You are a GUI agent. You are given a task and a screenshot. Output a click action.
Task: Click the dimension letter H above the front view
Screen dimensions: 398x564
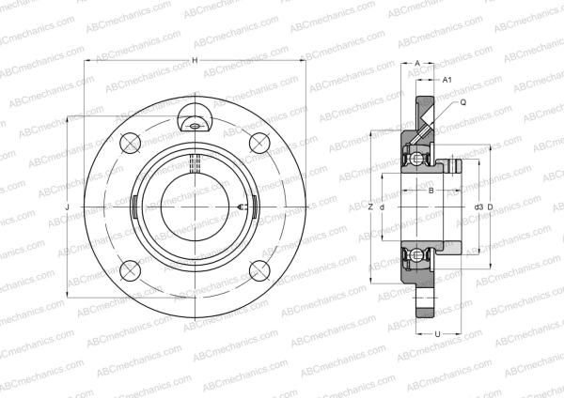point(195,61)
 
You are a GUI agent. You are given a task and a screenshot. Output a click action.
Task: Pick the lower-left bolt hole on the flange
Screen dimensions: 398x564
point(130,270)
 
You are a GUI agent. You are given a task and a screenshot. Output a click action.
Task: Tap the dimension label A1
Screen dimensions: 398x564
point(447,80)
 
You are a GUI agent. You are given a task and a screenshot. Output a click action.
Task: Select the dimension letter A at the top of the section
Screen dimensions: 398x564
point(417,62)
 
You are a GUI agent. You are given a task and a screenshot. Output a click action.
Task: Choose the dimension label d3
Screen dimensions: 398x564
point(478,207)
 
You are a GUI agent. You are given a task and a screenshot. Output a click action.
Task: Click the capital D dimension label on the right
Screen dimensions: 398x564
point(491,207)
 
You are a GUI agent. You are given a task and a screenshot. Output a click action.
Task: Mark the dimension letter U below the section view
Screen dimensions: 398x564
point(436,334)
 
